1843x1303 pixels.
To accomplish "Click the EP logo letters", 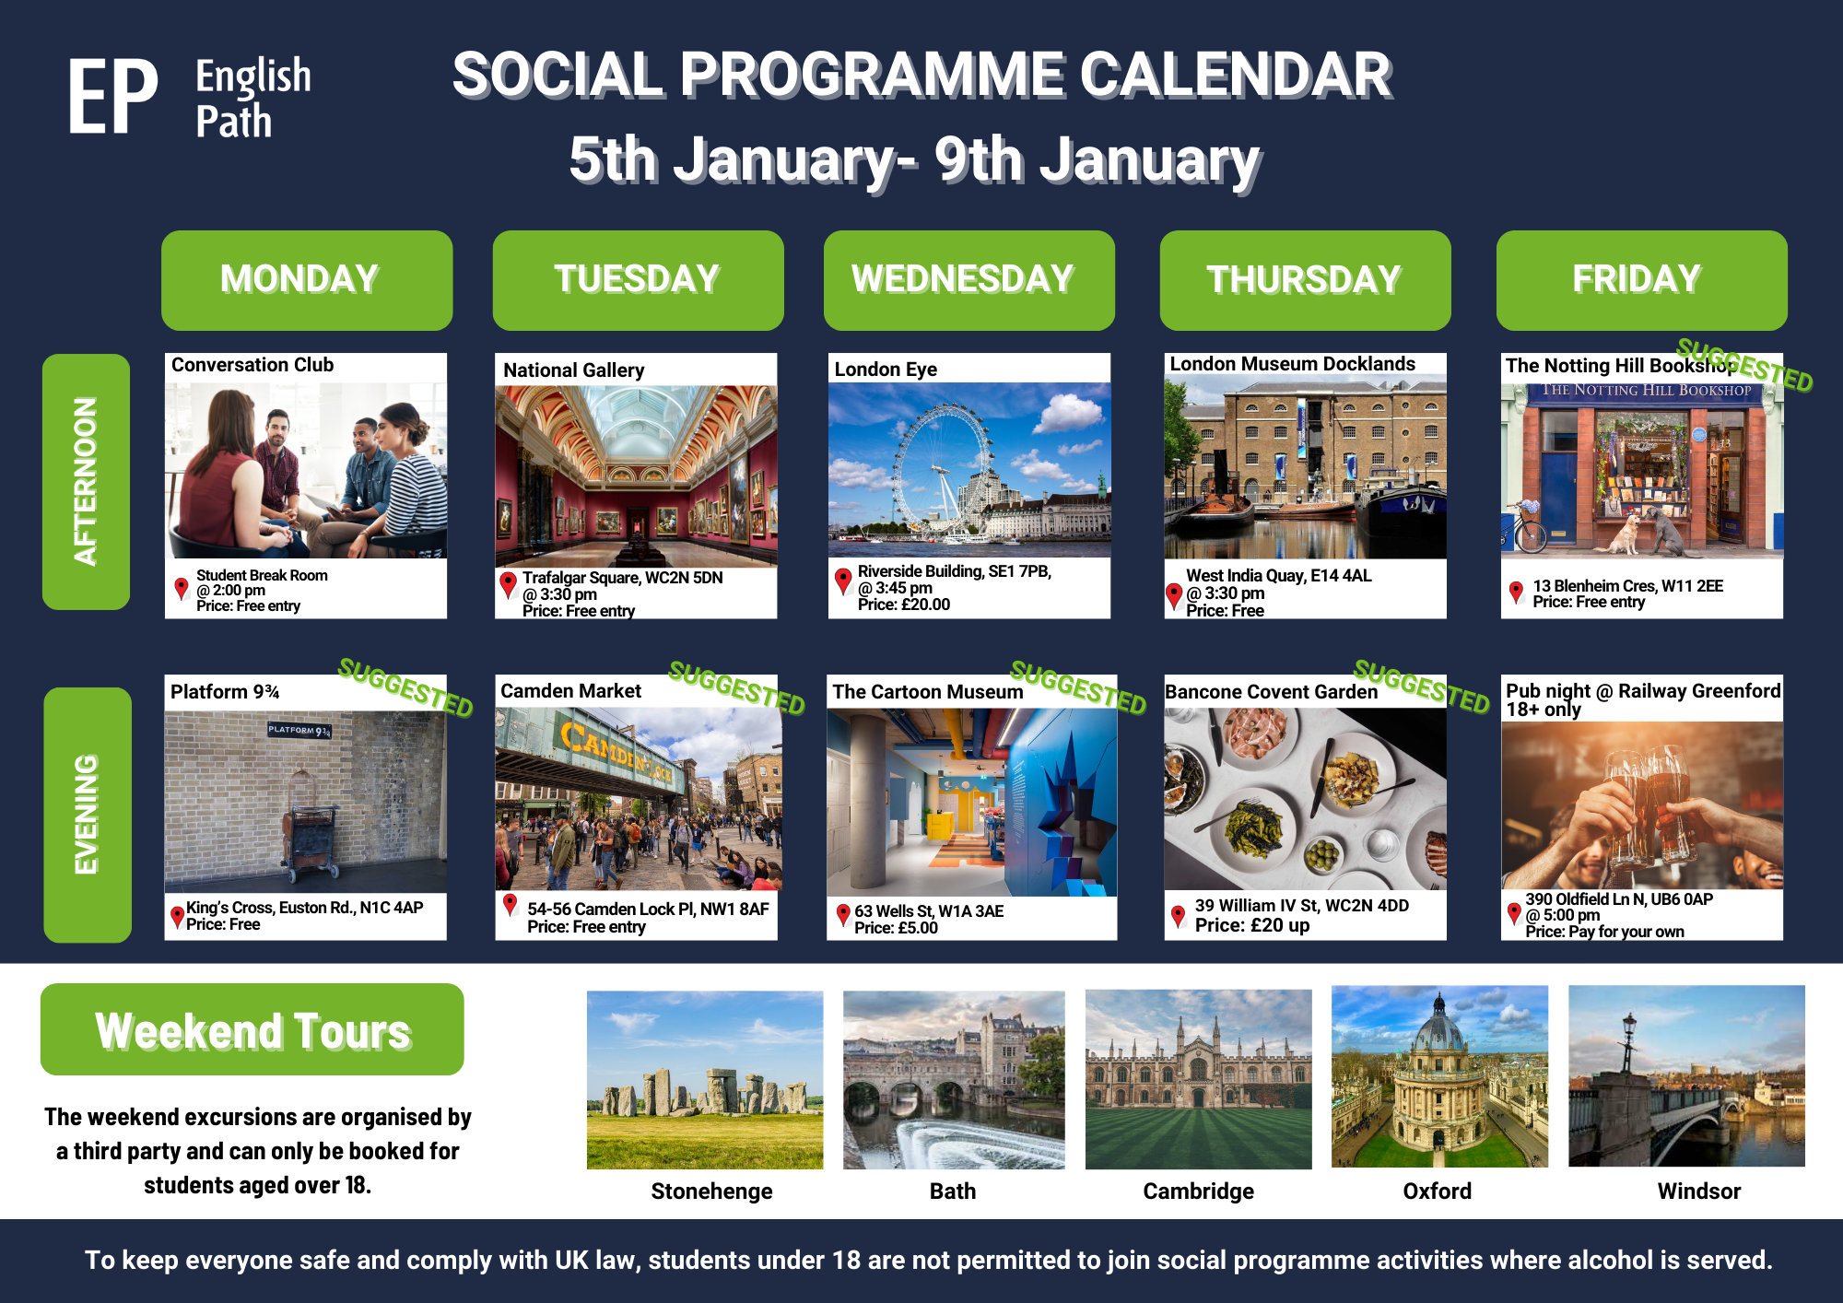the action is tap(112, 97).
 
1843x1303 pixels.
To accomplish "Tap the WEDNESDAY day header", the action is tap(968, 279).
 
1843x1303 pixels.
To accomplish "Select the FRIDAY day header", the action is tap(1641, 279).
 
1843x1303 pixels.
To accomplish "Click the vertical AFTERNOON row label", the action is tap(86, 481).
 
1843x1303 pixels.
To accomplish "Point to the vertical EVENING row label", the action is tap(87, 815).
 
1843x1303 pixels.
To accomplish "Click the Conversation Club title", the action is tap(252, 365).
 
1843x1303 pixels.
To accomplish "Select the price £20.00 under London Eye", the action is tap(904, 605).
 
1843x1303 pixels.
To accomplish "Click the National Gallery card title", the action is tap(573, 370).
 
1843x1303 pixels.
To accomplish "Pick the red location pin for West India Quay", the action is tap(1174, 595).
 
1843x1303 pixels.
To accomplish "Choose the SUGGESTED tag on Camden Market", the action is tap(736, 687).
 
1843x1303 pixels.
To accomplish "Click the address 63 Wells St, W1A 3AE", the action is tap(929, 911).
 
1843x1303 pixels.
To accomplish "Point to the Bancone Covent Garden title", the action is tap(1271, 692).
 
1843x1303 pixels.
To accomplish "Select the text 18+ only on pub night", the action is tap(1544, 710).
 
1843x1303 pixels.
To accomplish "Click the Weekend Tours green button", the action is tap(252, 1029).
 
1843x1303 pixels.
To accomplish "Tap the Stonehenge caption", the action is tap(711, 1191).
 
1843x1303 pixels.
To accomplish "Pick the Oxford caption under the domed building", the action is tap(1437, 1191).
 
